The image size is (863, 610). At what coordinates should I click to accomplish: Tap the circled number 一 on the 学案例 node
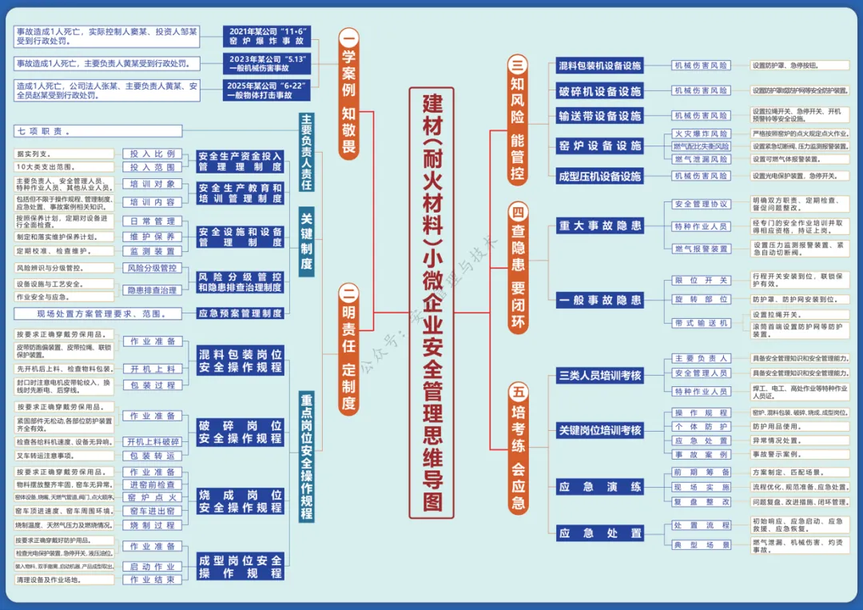click(x=349, y=37)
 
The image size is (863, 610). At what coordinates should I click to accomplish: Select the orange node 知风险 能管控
click(x=519, y=120)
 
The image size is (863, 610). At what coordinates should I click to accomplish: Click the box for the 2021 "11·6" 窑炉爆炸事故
click(x=266, y=38)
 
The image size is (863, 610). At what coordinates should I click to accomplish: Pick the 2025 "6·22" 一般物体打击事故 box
click(x=266, y=90)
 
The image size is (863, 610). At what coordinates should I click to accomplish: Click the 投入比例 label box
click(x=153, y=153)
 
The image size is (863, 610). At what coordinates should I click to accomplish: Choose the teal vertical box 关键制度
click(x=307, y=241)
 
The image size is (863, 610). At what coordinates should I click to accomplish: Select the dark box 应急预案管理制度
click(x=240, y=313)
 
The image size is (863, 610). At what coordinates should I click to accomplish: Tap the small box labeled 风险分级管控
click(x=153, y=268)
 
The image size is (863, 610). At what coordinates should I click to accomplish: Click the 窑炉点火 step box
click(x=153, y=498)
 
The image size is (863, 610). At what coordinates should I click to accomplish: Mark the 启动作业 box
click(x=153, y=566)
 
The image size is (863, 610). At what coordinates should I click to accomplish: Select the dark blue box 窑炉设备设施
click(x=600, y=146)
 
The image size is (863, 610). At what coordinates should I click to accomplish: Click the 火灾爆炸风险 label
click(x=701, y=134)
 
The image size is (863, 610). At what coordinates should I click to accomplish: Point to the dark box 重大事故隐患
click(x=600, y=226)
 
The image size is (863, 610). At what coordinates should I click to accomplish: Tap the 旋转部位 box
click(x=701, y=299)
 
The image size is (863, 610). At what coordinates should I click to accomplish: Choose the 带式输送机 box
click(x=701, y=322)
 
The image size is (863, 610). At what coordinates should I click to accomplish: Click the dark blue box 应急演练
click(x=600, y=486)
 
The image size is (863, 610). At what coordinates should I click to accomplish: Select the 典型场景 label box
click(x=701, y=544)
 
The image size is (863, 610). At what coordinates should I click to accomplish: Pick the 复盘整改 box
click(x=701, y=501)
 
